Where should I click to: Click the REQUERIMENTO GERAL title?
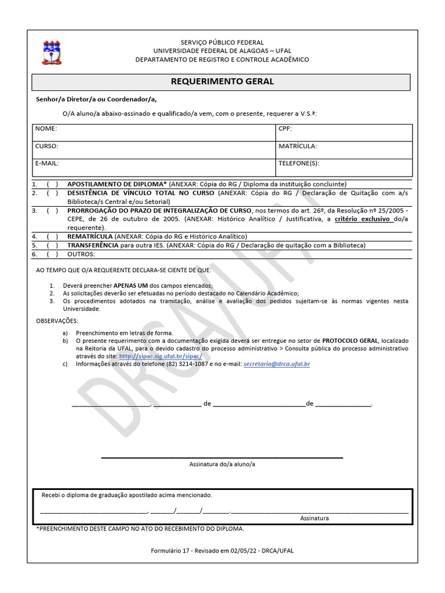click(222, 82)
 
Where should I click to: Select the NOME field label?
click(46, 129)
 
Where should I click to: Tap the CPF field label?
click(285, 129)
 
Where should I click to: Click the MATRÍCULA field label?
click(297, 147)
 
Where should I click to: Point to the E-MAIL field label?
click(47, 164)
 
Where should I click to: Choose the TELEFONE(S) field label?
click(298, 164)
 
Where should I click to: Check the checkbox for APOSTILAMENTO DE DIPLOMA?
click(52, 184)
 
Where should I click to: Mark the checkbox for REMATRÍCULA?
click(52, 236)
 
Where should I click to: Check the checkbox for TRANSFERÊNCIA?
click(52, 245)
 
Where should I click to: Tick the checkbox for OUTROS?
click(52, 254)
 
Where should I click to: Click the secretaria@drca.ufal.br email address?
click(277, 364)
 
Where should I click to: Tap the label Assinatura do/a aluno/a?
click(222, 464)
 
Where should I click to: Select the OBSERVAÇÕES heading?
click(57, 321)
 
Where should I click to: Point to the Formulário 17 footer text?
click(222, 550)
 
